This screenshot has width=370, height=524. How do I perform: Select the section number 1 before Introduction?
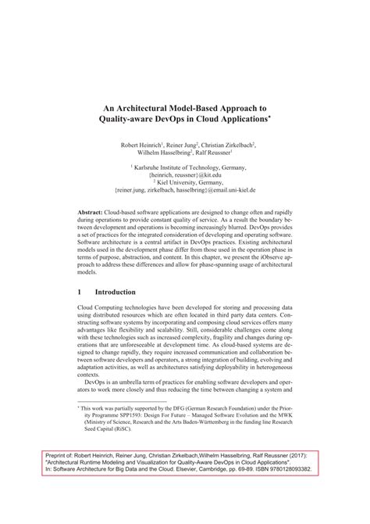pos(80,291)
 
